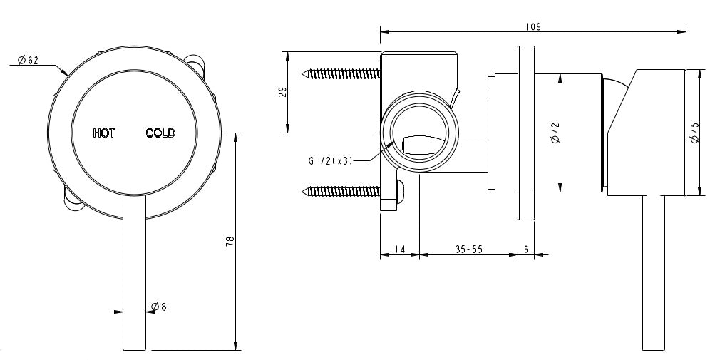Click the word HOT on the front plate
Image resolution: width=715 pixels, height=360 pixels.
tap(104, 133)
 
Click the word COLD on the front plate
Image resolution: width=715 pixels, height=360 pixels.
tap(160, 133)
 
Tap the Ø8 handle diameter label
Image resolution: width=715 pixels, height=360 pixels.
tap(158, 307)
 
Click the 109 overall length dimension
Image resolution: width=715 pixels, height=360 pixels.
tap(533, 26)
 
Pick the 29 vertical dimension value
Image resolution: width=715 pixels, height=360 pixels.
tap(282, 92)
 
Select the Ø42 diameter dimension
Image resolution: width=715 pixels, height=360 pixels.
tap(555, 133)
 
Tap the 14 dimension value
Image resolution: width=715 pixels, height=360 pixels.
tap(399, 250)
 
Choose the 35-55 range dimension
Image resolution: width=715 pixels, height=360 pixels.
tap(468, 250)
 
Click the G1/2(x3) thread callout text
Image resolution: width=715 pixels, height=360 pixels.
tap(326, 160)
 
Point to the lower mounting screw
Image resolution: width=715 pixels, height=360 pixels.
tap(340, 190)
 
